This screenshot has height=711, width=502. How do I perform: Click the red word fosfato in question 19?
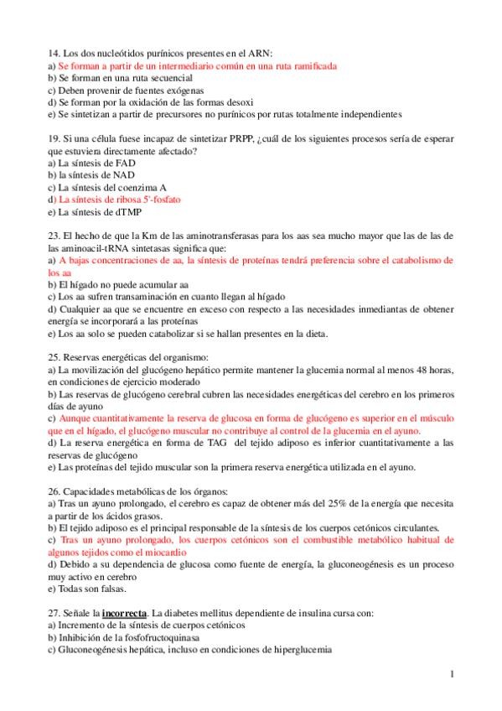click(164, 200)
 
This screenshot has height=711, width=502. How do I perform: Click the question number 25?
click(53, 357)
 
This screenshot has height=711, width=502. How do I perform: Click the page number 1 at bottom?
click(452, 673)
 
